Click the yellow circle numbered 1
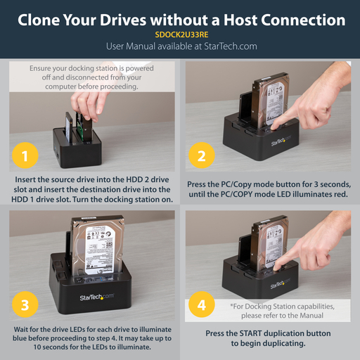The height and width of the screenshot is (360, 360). [x=25, y=155]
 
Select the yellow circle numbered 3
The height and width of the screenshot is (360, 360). [x=25, y=305]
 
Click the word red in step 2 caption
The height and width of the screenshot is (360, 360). [x=333, y=194]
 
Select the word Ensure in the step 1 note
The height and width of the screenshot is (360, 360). [x=44, y=68]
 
